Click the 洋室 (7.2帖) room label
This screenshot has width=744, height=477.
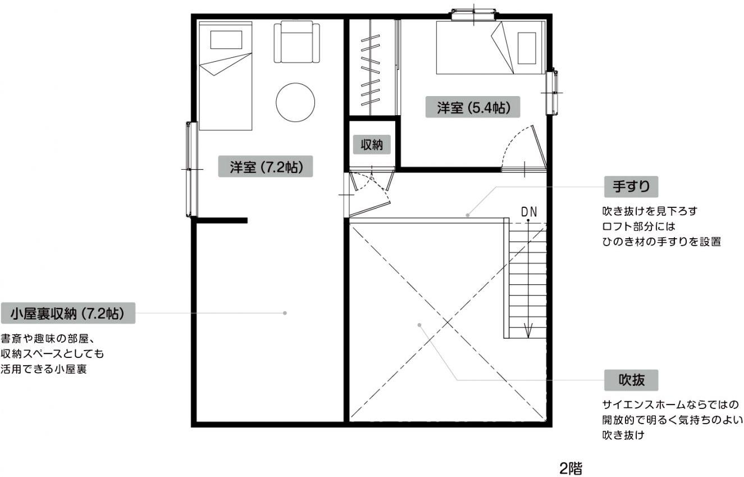266,166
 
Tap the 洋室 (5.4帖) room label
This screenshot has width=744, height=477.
473,107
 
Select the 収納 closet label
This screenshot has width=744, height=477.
372,144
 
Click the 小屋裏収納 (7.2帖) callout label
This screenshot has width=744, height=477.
68,313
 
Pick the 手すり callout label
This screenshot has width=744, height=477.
631,187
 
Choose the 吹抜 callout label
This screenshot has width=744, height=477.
631,380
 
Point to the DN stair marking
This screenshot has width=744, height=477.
529,212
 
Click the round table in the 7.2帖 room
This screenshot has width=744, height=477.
295,102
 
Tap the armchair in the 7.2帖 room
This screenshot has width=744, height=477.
297,42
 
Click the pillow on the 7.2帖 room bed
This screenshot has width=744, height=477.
226,40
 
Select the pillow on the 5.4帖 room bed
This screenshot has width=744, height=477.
527,48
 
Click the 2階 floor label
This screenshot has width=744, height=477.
571,469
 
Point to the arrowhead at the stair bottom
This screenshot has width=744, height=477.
528,331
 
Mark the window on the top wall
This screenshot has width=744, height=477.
474,15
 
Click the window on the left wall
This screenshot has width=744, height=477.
191,170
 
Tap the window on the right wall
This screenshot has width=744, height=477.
553,92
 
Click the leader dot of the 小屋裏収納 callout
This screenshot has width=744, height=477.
285,313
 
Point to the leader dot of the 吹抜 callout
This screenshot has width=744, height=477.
419,325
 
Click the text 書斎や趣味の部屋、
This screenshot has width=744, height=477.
48,339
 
